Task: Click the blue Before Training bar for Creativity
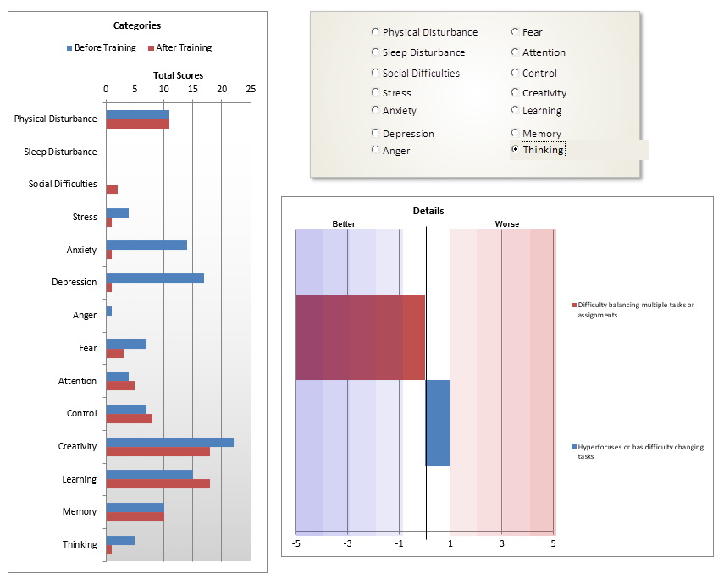click(169, 442)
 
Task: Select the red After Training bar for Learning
click(157, 483)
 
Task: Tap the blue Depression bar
click(154, 278)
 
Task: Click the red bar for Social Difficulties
click(112, 189)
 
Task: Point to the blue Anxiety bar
click(146, 245)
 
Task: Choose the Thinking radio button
click(515, 150)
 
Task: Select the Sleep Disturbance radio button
click(375, 52)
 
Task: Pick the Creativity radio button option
click(515, 93)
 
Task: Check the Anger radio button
click(375, 150)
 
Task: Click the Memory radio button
click(515, 133)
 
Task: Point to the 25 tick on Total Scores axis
click(251, 88)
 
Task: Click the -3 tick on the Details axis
click(347, 543)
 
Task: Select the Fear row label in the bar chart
click(88, 348)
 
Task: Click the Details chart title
click(428, 211)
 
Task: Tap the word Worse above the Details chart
click(507, 224)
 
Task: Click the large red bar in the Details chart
click(360, 337)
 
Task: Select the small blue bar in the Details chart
click(438, 422)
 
